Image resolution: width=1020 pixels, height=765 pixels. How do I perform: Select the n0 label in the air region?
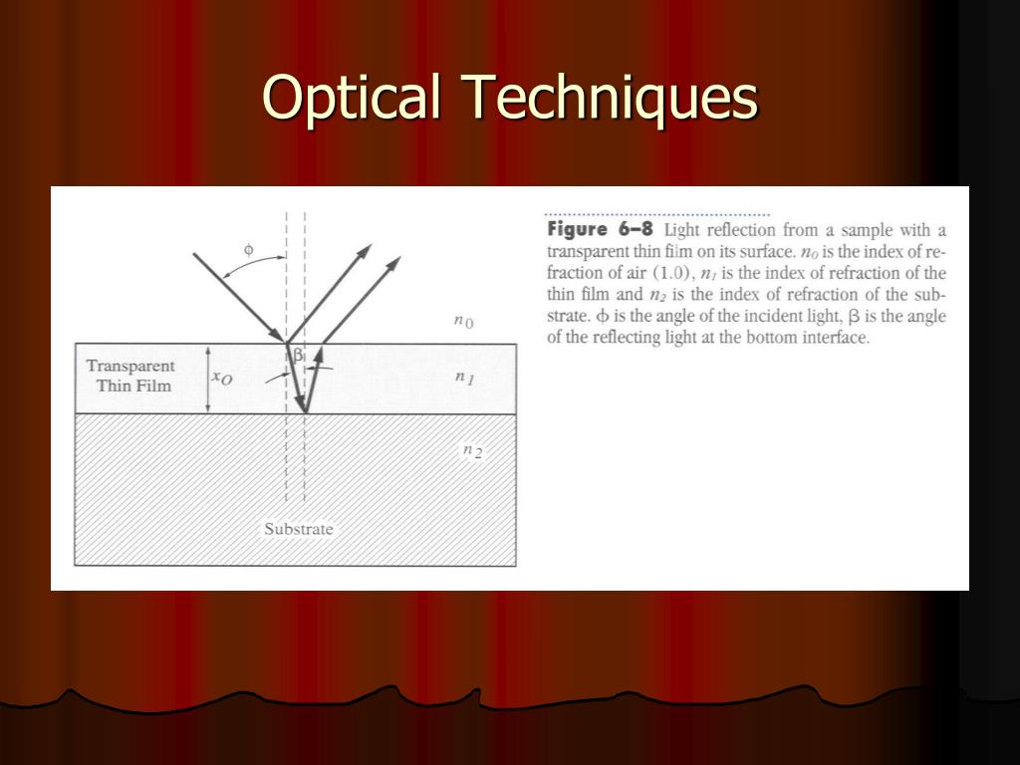pyautogui.click(x=463, y=321)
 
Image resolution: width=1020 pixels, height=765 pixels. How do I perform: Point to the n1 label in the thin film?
pyautogui.click(x=463, y=378)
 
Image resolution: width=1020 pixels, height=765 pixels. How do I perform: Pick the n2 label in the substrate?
pyautogui.click(x=471, y=450)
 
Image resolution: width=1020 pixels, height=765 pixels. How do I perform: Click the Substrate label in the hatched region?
pyautogui.click(x=298, y=529)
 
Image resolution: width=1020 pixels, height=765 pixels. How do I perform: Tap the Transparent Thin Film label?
pyautogui.click(x=130, y=376)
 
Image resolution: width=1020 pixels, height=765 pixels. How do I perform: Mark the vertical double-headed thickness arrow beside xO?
pyautogui.click(x=207, y=379)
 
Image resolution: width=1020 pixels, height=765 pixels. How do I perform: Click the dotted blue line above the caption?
pyautogui.click(x=657, y=214)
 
